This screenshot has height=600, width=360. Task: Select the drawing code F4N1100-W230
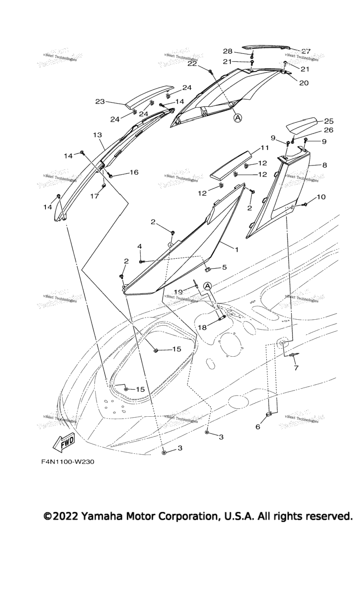(x=67, y=462)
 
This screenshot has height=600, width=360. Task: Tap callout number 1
(x=236, y=249)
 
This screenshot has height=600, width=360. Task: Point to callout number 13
(x=97, y=135)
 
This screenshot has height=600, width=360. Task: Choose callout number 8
(x=324, y=165)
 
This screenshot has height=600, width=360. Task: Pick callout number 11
(x=265, y=148)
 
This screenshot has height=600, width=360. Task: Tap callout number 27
(x=306, y=51)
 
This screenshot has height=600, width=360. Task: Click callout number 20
(x=304, y=82)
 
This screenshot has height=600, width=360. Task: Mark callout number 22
(x=192, y=64)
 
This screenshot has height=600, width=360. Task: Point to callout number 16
(x=134, y=172)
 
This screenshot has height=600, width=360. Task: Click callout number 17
(x=95, y=196)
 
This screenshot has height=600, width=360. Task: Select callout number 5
(x=224, y=267)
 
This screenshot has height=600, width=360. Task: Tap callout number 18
(x=202, y=327)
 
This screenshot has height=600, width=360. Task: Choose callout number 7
(x=296, y=368)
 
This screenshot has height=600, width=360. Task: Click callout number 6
(x=257, y=427)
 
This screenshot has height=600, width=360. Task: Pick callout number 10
(x=321, y=197)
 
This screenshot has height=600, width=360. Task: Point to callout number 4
(x=139, y=246)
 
